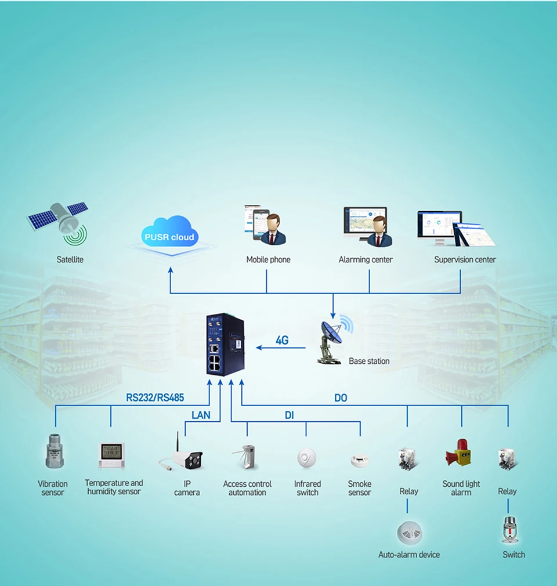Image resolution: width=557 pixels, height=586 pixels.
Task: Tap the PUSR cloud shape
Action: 170,233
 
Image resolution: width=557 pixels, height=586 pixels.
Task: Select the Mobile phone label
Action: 268,259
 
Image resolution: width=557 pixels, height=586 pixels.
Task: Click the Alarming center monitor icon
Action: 366,226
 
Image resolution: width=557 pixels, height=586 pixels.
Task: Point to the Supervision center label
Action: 465,259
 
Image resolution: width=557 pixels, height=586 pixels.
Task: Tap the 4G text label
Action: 282,341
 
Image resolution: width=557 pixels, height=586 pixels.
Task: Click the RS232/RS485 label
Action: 155,398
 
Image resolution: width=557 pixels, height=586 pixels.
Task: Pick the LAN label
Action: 201,415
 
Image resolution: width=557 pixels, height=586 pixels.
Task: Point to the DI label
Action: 289,415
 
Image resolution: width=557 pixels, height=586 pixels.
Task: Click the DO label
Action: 341,398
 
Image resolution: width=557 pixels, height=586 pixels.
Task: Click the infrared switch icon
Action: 307,458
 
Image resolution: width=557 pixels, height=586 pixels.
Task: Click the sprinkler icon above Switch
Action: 510,529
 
